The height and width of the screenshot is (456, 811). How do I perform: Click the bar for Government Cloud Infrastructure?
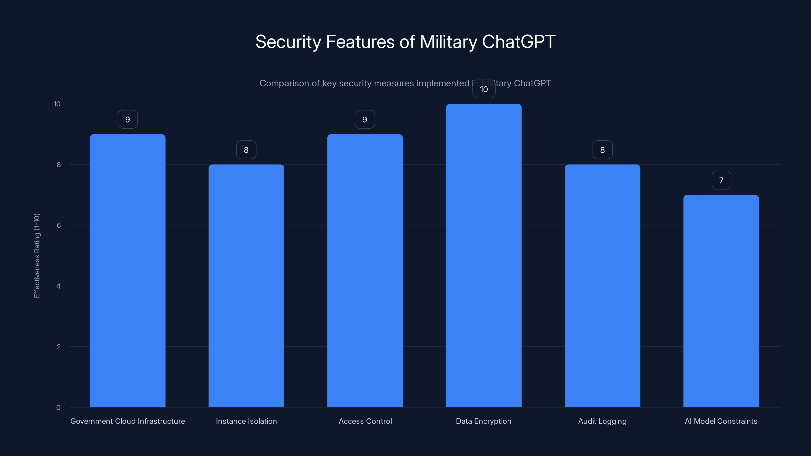click(127, 271)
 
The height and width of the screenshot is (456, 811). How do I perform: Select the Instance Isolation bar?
click(246, 286)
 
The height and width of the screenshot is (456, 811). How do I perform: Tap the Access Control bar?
click(365, 271)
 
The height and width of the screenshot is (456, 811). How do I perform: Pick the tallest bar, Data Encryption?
click(484, 256)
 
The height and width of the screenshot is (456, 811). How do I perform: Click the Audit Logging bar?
click(602, 286)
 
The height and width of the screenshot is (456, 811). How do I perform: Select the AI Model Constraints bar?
click(721, 301)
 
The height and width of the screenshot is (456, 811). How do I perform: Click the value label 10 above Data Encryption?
click(484, 89)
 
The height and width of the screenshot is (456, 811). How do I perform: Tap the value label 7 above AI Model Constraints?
click(721, 180)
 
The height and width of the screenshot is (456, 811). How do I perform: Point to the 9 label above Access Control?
click(365, 120)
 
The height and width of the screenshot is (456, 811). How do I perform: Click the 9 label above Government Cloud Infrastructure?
click(127, 120)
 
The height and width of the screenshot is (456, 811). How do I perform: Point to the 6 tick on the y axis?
click(59, 225)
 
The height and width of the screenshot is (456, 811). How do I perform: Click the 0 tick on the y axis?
click(58, 408)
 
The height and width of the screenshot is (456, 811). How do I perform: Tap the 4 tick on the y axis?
click(58, 286)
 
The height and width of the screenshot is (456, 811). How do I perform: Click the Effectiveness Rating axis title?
click(37, 256)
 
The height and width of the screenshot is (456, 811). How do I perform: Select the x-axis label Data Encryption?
click(484, 421)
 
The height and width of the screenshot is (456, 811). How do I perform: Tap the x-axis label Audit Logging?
click(602, 421)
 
